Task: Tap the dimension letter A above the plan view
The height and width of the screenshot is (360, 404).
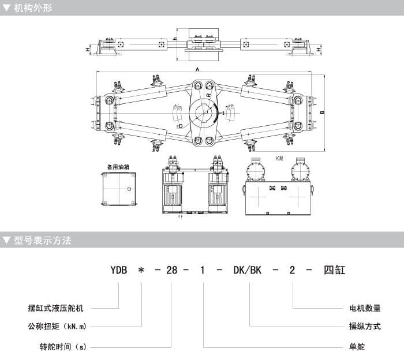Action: pyautogui.click(x=198, y=69)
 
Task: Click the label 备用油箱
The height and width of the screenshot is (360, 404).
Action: pyautogui.click(x=118, y=166)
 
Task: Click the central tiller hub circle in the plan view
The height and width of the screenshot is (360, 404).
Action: pyautogui.click(x=203, y=111)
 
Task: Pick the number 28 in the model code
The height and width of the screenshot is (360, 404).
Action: pyautogui.click(x=168, y=270)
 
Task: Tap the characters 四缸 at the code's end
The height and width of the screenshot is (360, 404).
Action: pyautogui.click(x=334, y=270)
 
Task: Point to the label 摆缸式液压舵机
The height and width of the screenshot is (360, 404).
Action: pyautogui.click(x=61, y=307)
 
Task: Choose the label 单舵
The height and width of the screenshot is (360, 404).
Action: pyautogui.click(x=357, y=347)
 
